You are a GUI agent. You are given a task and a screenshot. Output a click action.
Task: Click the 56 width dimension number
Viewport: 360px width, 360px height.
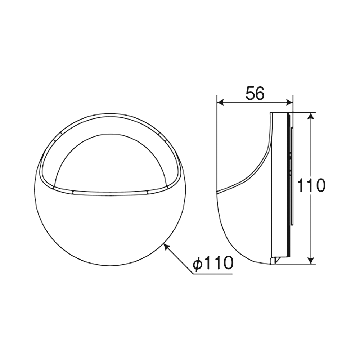(255, 94)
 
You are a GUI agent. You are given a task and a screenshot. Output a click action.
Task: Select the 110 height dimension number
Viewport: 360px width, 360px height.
(311, 185)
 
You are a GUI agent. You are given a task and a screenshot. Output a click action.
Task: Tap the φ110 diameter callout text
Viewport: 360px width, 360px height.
(213, 263)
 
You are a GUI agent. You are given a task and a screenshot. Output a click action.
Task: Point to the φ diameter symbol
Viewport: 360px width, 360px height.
(197, 264)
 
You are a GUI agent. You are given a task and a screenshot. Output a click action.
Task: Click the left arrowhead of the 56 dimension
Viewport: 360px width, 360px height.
(220, 102)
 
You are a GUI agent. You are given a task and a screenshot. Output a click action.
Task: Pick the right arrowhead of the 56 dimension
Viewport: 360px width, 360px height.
(289, 102)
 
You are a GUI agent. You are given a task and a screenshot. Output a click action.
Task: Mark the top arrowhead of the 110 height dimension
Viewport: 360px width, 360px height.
(310, 116)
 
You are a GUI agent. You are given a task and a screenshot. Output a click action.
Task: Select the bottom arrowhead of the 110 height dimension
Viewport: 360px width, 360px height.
(310, 261)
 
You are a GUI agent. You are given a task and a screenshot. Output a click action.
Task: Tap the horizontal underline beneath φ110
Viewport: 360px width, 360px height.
(213, 274)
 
